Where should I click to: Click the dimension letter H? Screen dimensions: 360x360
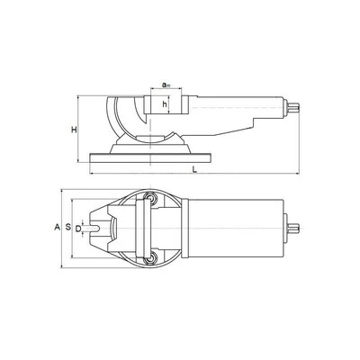tap(74, 130)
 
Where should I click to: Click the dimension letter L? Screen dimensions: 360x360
tap(194, 170)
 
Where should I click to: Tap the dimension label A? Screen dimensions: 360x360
tap(57, 227)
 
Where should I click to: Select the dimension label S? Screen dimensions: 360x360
tap(68, 227)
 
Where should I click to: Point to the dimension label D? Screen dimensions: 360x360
tap(77, 229)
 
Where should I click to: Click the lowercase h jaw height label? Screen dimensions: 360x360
tap(165, 104)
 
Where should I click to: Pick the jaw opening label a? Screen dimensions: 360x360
tap(166, 85)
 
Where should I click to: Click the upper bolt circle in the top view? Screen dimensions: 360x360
tap(150, 197)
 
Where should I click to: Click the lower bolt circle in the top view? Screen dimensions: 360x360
tap(150, 258)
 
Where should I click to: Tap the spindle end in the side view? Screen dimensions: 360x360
tap(293, 108)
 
